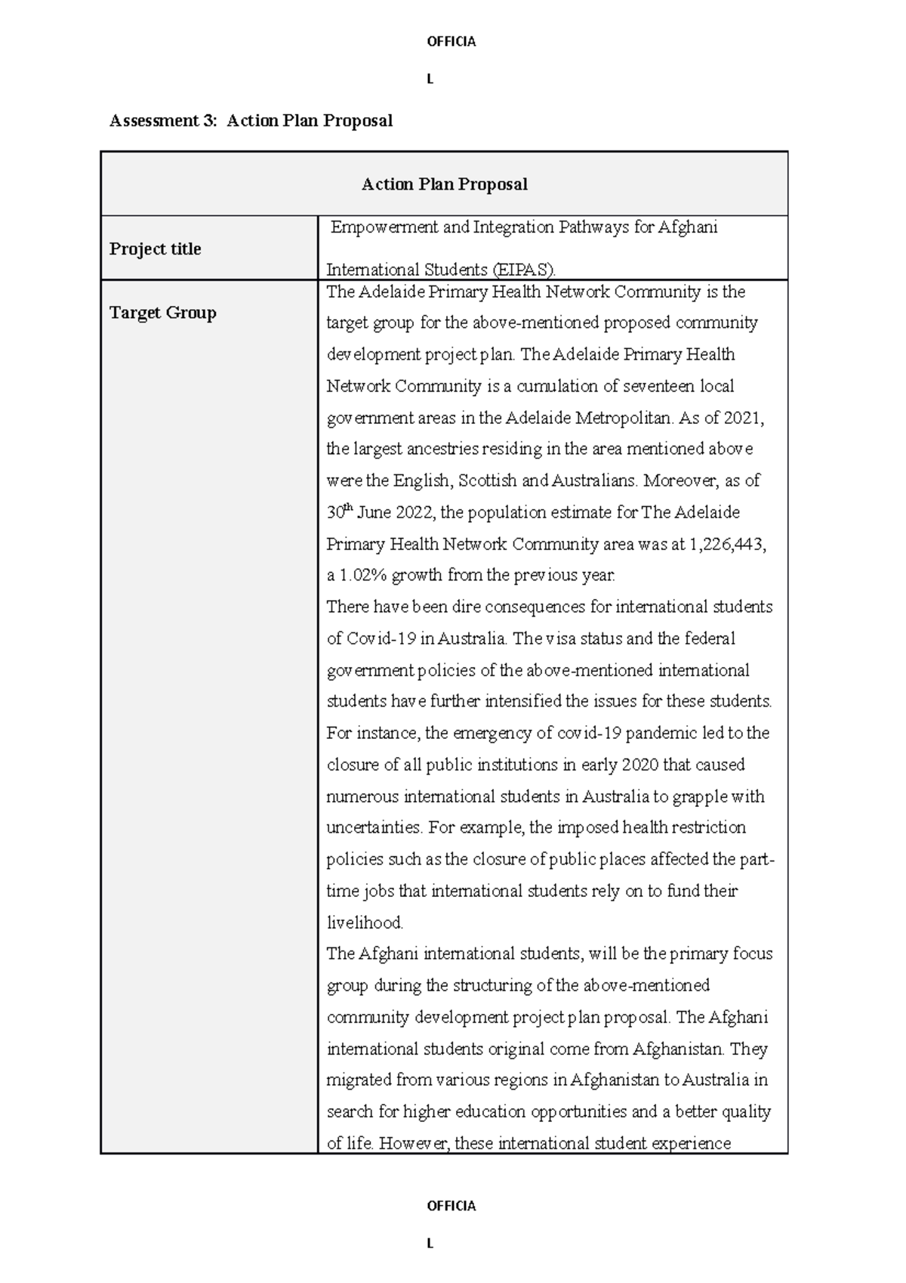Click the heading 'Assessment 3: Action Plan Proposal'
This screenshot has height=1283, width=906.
click(251, 121)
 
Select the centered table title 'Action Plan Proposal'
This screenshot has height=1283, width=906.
click(444, 184)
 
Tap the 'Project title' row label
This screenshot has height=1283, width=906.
click(155, 249)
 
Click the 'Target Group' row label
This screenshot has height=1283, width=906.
click(162, 313)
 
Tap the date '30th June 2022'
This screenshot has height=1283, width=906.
click(381, 513)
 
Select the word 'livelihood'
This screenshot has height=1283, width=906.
click(364, 923)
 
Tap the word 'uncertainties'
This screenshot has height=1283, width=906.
click(374, 828)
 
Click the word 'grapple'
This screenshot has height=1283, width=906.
click(701, 796)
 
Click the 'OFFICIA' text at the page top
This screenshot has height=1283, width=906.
click(451, 42)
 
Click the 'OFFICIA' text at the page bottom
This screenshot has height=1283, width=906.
click(451, 1206)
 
